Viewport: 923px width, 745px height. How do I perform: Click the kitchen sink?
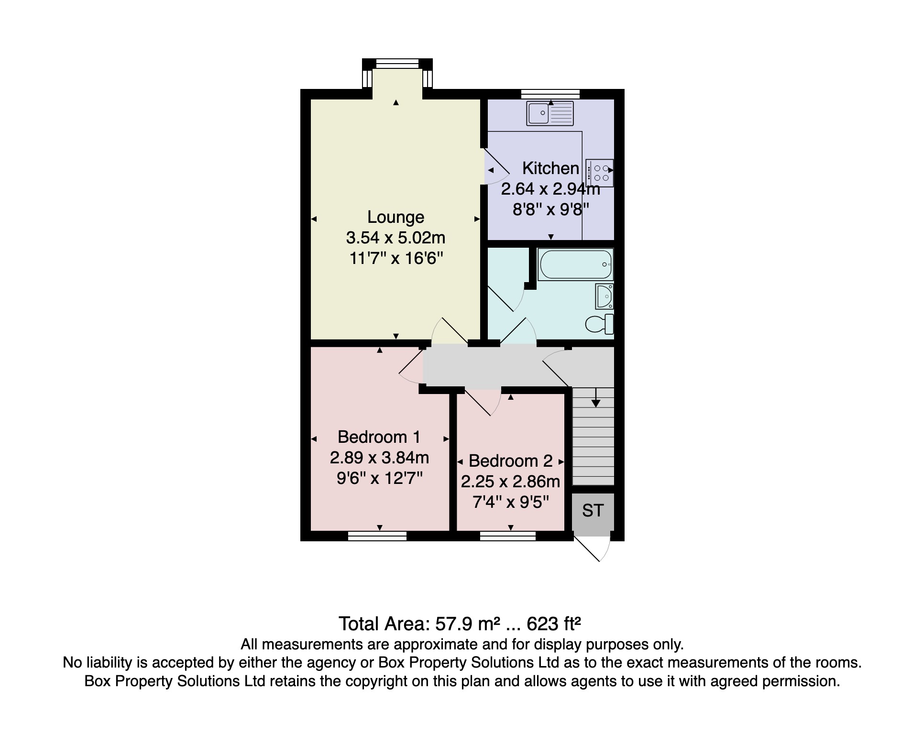pos(549,113)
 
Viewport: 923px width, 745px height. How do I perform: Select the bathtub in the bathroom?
pos(575,264)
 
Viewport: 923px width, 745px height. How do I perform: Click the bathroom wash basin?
pos(604,296)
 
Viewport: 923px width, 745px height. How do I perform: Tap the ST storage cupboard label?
pos(593,511)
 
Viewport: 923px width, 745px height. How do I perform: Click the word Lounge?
pos(396,217)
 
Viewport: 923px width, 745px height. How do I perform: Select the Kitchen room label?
pos(550,168)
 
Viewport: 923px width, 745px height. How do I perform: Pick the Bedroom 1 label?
pos(379,437)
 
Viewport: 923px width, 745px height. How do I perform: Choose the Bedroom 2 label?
pos(510,461)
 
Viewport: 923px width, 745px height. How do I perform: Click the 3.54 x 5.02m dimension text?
pos(396,238)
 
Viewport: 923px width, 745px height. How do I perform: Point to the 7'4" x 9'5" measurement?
pos(510,503)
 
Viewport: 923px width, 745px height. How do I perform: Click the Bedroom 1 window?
pos(377,536)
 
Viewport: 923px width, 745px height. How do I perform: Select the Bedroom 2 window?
pos(507,536)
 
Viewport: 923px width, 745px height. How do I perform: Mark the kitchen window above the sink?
pos(550,94)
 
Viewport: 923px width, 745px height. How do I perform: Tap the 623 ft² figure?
pos(554,624)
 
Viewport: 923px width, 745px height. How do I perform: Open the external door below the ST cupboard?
pos(592,548)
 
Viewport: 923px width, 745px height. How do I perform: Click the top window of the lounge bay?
pos(397,64)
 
